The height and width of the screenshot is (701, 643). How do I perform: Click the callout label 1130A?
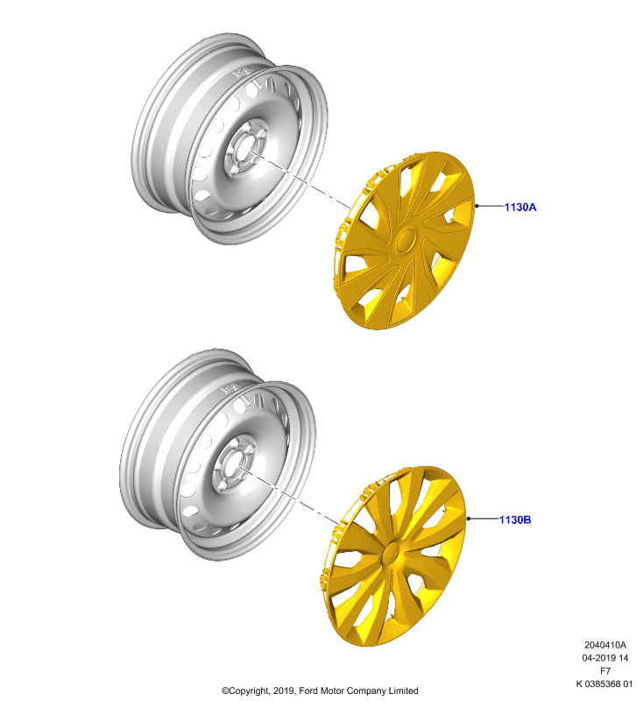(x=520, y=207)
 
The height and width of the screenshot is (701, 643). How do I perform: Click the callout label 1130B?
(x=515, y=520)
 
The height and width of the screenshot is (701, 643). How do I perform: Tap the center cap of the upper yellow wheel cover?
(x=406, y=241)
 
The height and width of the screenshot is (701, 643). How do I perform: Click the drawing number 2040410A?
(x=605, y=645)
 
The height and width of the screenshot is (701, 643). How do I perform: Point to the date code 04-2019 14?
(x=605, y=658)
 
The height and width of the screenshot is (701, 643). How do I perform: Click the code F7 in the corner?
(x=605, y=671)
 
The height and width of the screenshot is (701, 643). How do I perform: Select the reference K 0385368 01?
(x=604, y=684)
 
